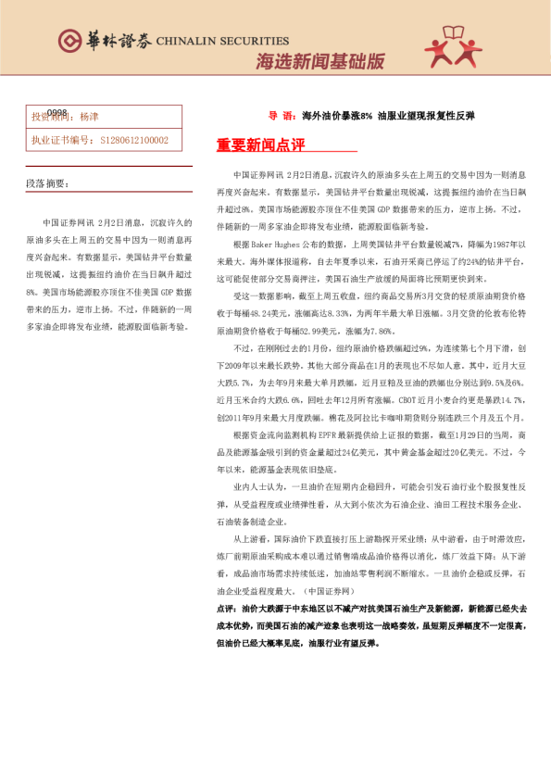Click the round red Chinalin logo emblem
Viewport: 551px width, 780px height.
tap(69, 41)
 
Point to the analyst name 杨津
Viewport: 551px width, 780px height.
tap(89, 118)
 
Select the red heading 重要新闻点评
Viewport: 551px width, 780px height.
tap(247, 145)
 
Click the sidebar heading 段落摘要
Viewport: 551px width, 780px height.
tap(46, 184)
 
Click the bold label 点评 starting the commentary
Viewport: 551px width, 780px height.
tap(225, 608)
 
